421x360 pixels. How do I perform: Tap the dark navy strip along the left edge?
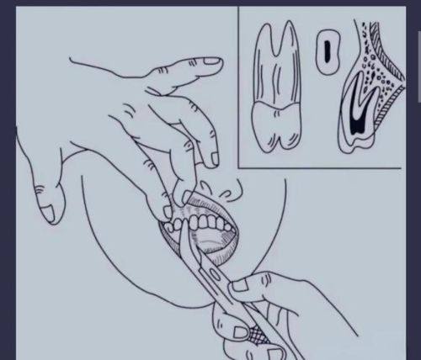click(2, 180)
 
